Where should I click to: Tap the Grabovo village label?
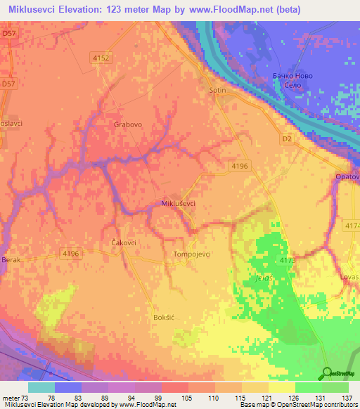128,124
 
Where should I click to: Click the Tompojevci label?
192,254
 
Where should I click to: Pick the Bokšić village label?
163,318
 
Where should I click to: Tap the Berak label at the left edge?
11,259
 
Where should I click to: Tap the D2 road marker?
286,140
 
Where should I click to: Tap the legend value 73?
28,397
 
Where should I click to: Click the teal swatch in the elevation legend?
41,387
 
